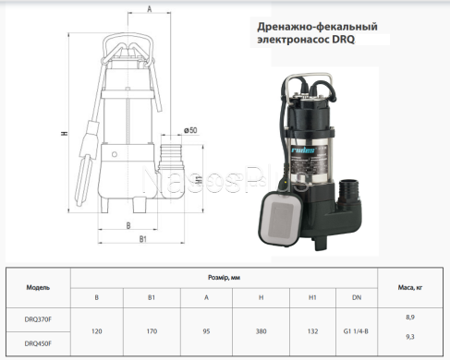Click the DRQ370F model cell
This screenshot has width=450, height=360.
click(38, 319)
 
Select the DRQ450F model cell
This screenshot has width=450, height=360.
click(38, 343)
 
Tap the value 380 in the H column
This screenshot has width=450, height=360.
click(261, 331)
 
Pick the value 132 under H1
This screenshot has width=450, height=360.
click(312, 331)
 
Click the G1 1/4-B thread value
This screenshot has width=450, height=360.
click(356, 331)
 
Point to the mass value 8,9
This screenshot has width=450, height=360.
click(410, 318)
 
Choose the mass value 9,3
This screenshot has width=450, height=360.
click(410, 337)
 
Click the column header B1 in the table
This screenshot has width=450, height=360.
click(152, 297)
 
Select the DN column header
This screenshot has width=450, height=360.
click(357, 297)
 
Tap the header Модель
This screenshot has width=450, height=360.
click(38, 287)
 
